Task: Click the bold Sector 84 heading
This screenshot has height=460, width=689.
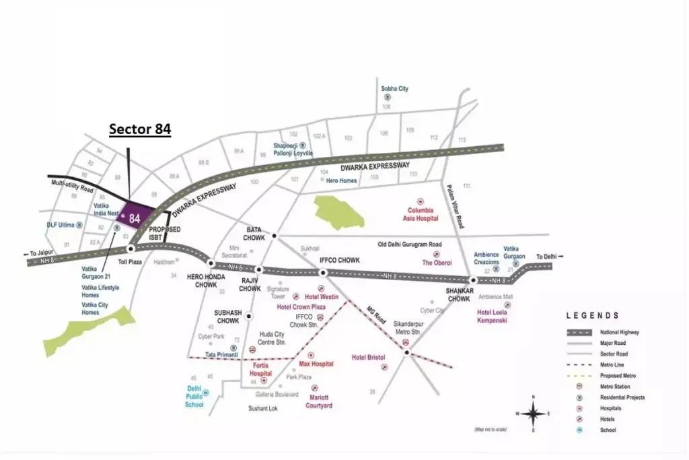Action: point(140,129)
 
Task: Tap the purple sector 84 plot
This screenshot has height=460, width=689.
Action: point(134,218)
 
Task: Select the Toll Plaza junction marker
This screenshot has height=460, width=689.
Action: point(130,249)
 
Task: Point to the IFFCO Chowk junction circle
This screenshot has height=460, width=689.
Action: point(323,272)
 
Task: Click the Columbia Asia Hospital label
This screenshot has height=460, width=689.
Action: point(421,214)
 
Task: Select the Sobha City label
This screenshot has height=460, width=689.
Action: point(395,89)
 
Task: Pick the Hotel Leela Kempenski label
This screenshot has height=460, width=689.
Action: point(492,316)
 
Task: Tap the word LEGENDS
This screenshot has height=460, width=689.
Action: point(593,315)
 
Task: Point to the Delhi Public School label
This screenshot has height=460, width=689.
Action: point(194,397)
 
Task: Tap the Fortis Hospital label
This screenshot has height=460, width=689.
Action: point(261,369)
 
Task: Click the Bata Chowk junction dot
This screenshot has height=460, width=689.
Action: point(275,236)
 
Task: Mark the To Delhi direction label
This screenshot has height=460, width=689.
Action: point(549,257)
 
